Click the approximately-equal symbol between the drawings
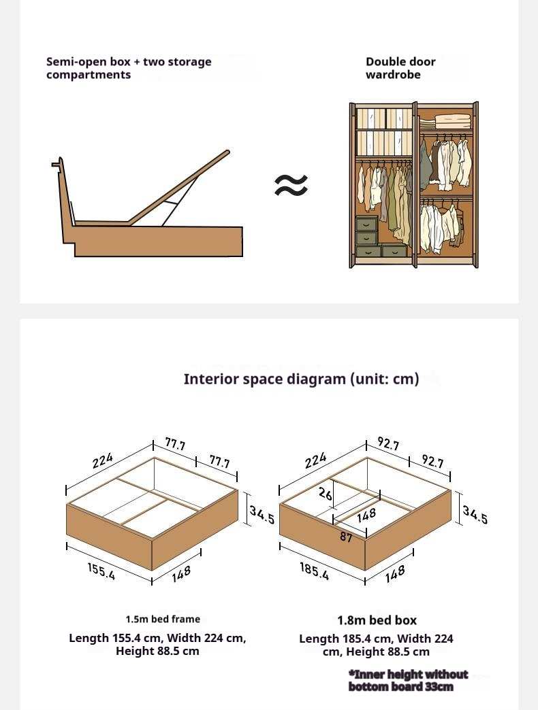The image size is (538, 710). point(291,185)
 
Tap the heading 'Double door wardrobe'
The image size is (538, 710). point(400,68)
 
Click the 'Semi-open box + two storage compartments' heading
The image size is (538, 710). point(129,68)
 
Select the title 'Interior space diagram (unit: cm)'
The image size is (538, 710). point(301,379)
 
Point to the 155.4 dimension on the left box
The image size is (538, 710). point(101,571)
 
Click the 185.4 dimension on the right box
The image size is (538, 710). point(315,571)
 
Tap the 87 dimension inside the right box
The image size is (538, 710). point(346,537)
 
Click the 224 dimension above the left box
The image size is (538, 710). point(103,461)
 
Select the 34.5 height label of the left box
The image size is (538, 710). point(262,514)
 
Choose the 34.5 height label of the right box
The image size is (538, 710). point(475,514)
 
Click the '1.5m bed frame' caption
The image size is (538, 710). point(163,619)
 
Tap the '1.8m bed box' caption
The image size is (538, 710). point(377,620)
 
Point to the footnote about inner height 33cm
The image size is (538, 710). point(408,680)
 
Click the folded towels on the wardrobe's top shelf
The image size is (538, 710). point(453,121)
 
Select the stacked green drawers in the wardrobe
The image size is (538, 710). point(366,232)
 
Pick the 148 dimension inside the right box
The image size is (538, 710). point(366,515)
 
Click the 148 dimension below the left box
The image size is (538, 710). point(181,573)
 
